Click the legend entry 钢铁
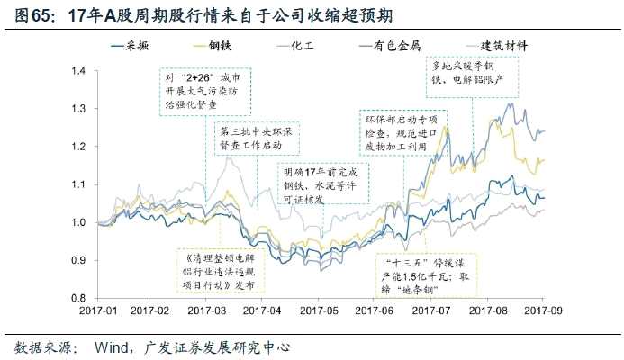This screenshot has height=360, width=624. pyautogui.click(x=233, y=45)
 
